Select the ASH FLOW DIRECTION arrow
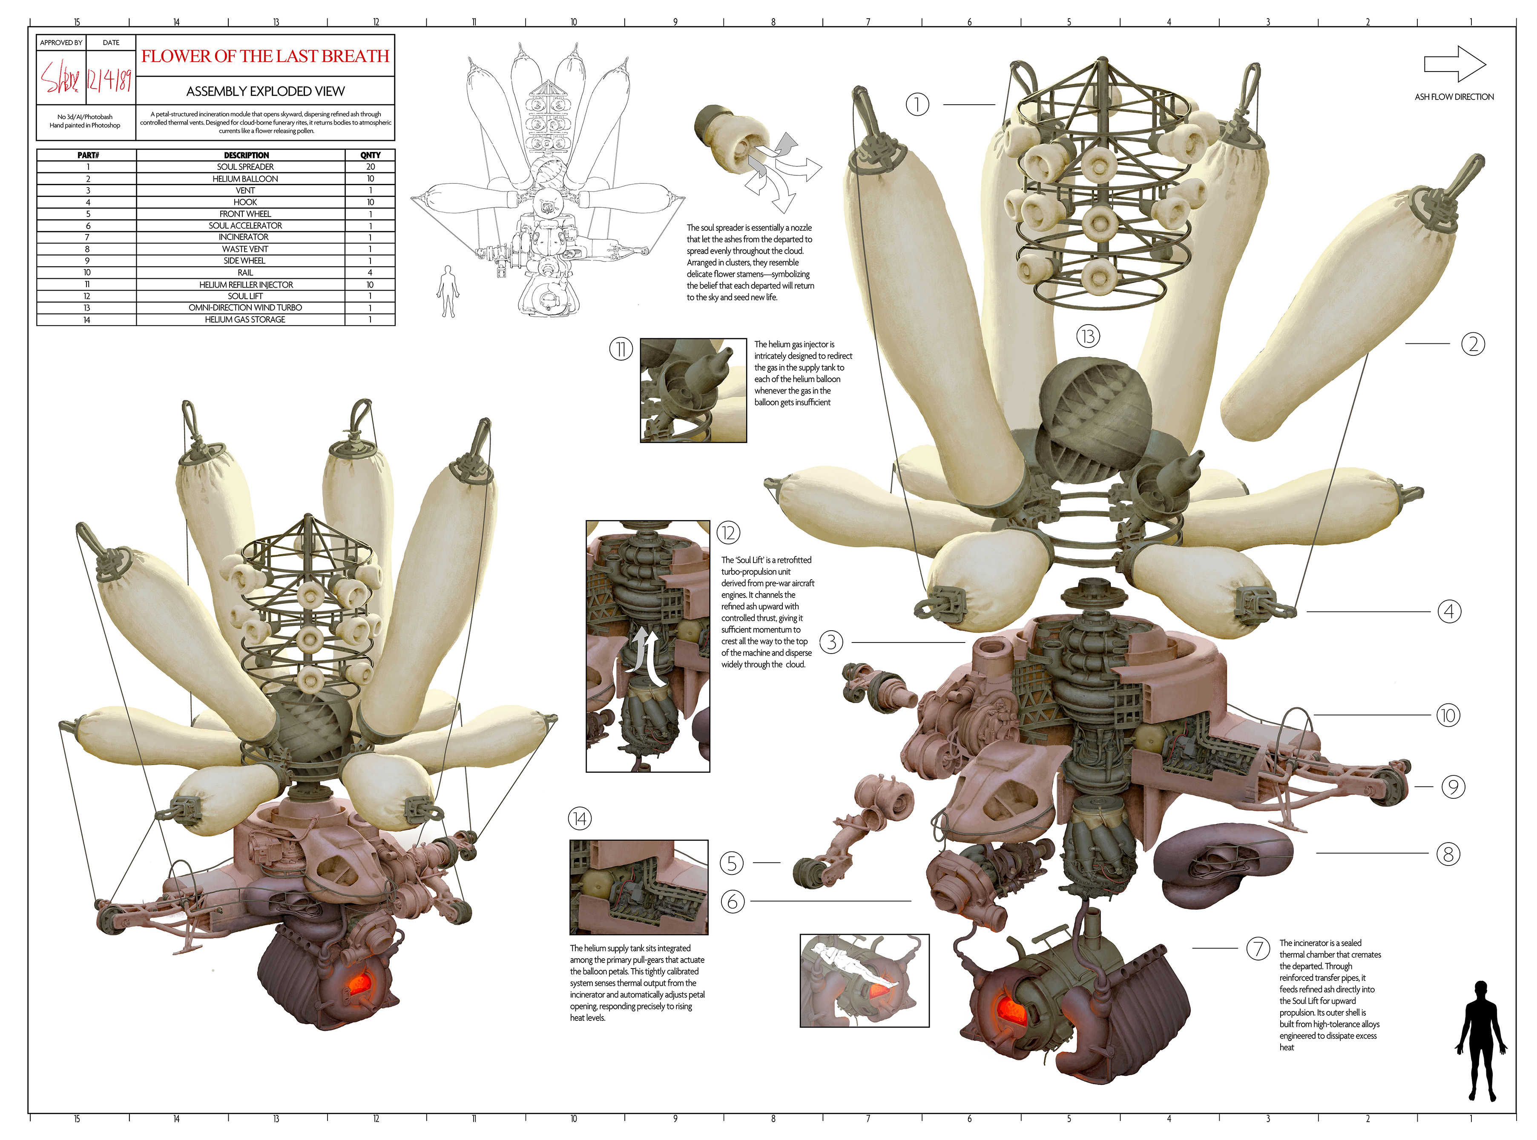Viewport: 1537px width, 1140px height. (1454, 64)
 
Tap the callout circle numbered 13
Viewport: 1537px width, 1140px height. (1088, 336)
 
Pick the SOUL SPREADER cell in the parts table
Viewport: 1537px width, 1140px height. (245, 167)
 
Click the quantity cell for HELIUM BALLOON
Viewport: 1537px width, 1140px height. (370, 179)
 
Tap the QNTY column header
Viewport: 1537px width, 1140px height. (370, 155)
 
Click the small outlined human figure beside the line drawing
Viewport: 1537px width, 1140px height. (448, 291)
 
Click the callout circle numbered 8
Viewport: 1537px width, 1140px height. (1448, 854)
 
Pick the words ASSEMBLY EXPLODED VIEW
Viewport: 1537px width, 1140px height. (265, 91)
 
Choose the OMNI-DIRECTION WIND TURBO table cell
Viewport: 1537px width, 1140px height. (245, 308)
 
